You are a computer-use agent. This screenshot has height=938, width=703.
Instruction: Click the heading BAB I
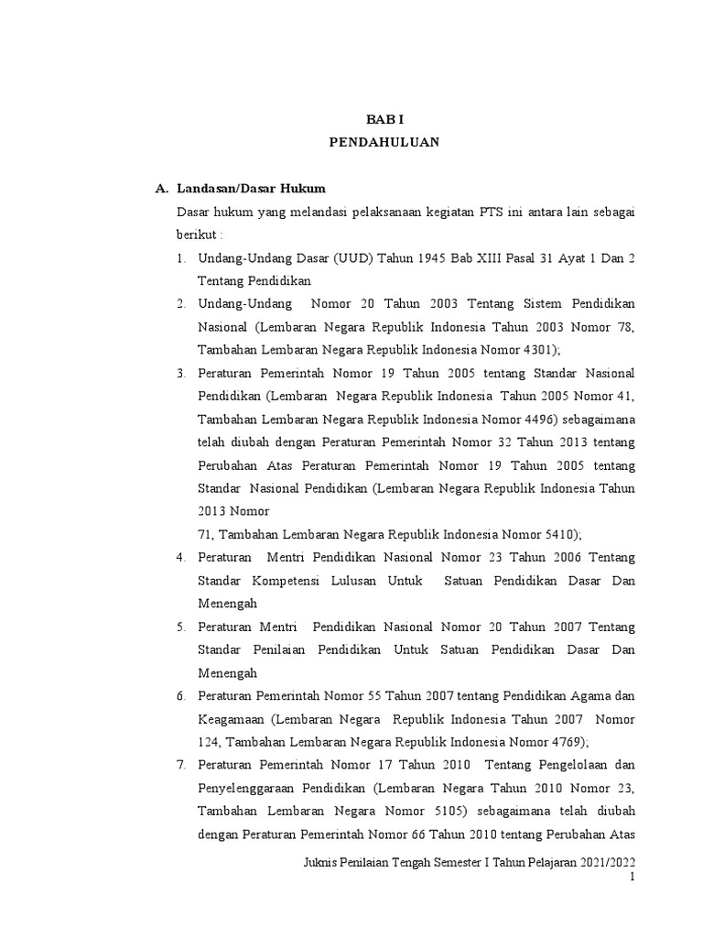pyautogui.click(x=384, y=119)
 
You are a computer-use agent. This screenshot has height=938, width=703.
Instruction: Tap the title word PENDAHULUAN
pyautogui.click(x=384, y=142)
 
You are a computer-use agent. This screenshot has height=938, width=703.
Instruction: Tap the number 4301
pyautogui.click(x=535, y=350)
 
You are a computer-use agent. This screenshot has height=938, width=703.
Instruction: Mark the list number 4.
pyautogui.click(x=181, y=558)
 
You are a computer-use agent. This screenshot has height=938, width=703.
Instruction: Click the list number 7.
pyautogui.click(x=181, y=765)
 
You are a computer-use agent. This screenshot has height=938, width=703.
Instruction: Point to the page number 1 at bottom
pyautogui.click(x=632, y=878)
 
